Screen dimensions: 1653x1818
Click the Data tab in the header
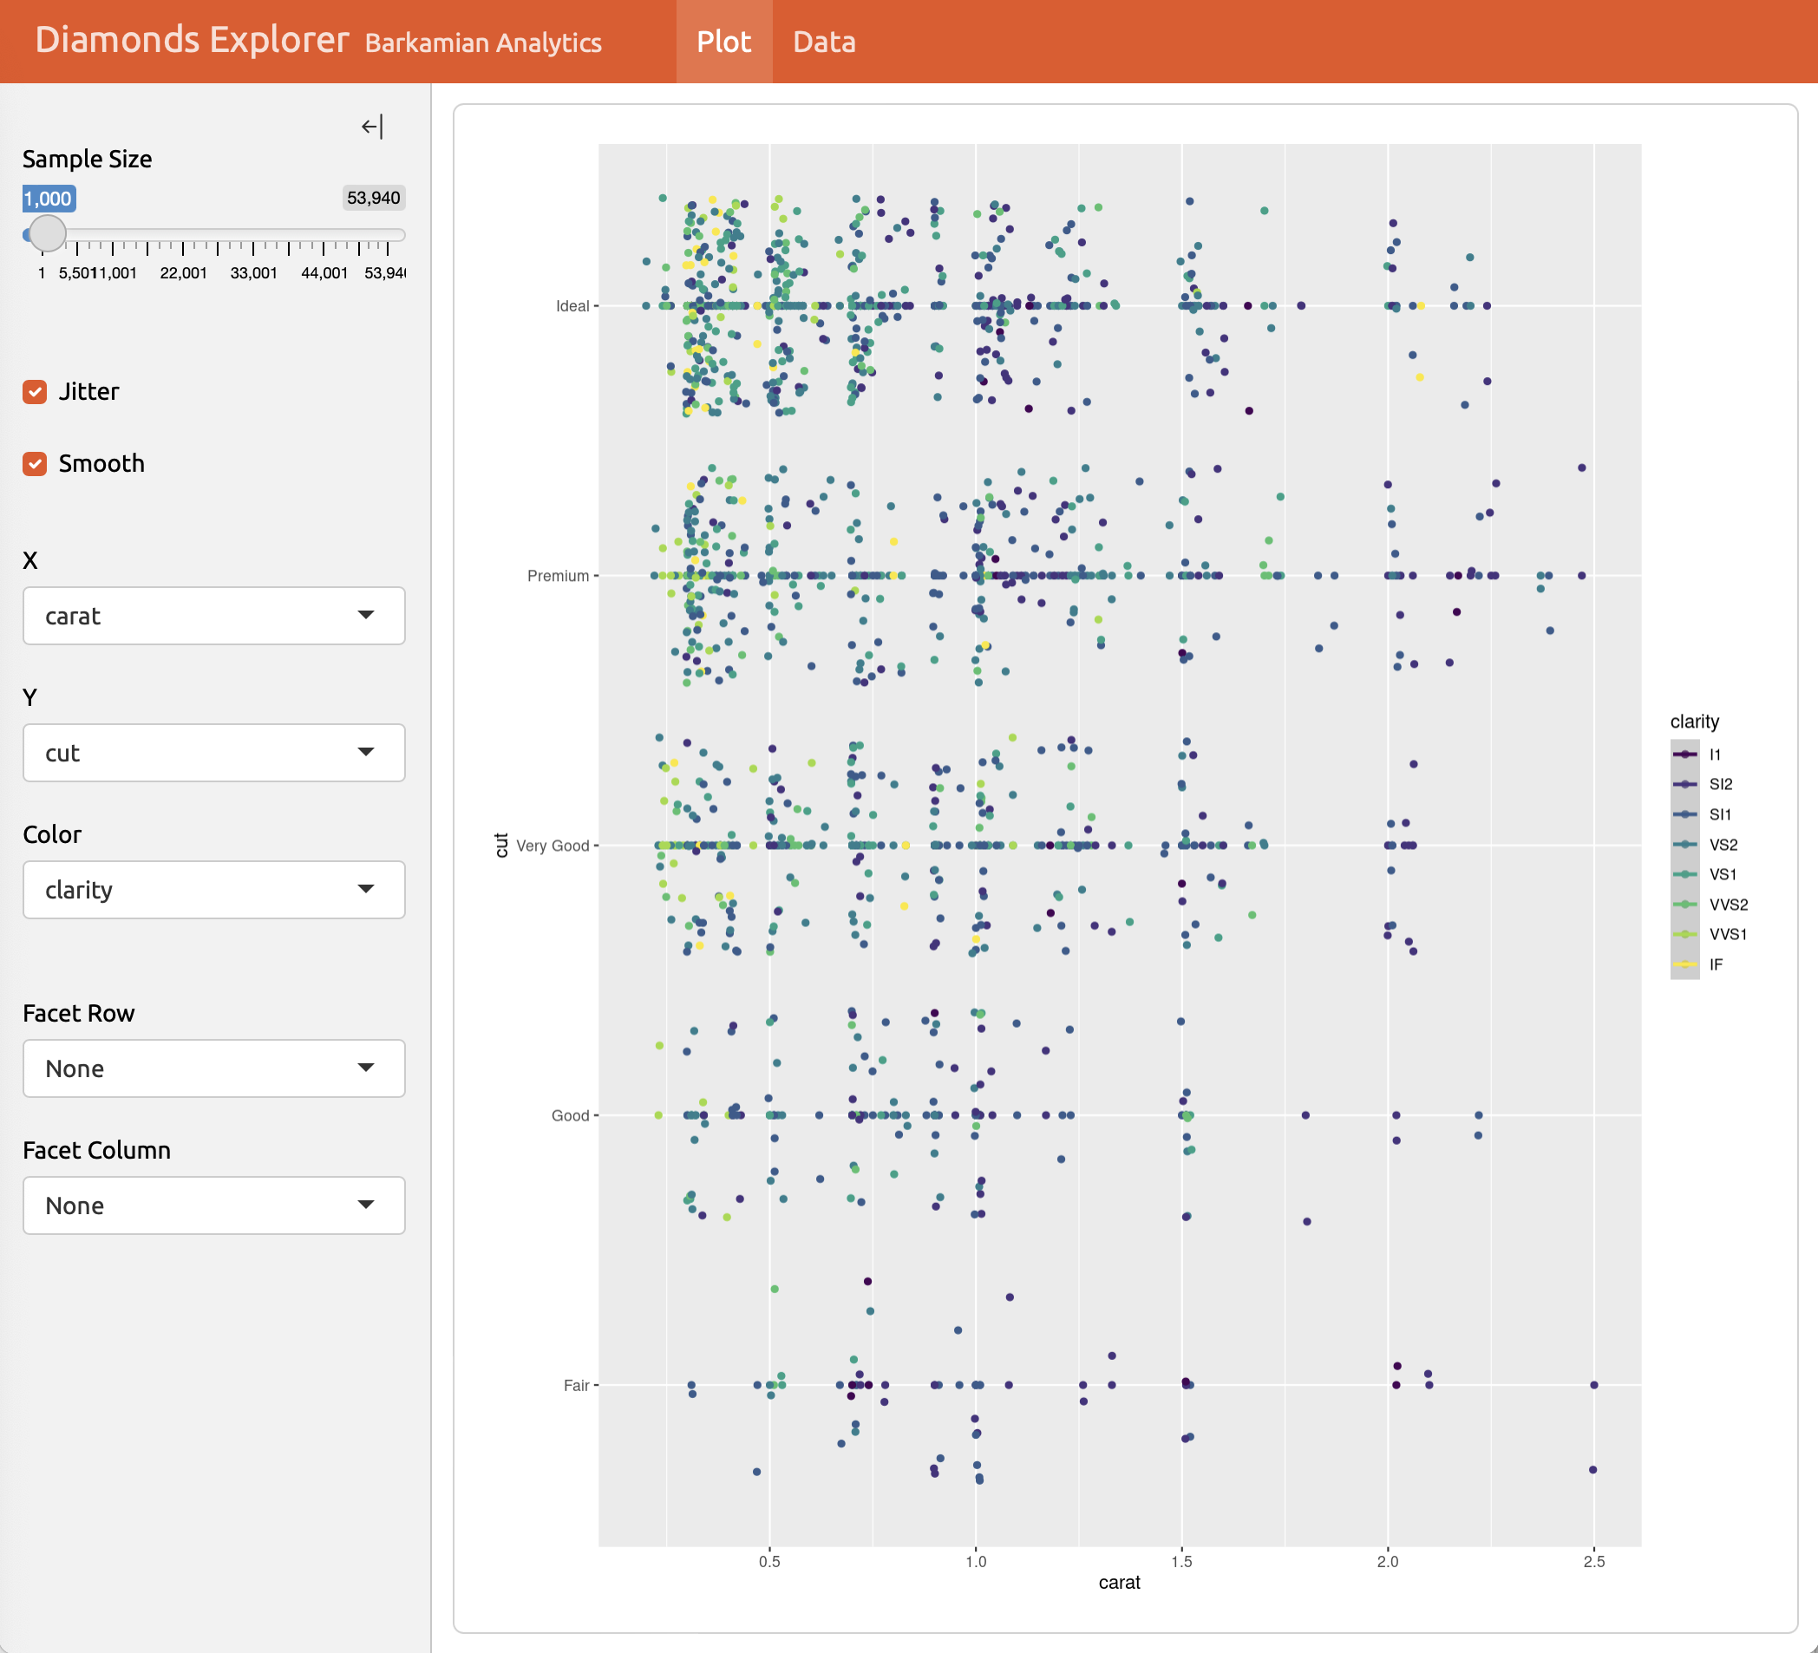[823, 42]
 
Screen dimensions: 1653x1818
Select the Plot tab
[723, 42]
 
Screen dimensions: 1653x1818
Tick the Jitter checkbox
[36, 391]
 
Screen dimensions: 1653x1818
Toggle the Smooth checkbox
[36, 463]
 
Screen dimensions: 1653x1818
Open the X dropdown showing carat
[213, 616]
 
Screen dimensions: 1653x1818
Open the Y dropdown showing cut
[213, 753]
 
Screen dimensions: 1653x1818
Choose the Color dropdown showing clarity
[213, 890]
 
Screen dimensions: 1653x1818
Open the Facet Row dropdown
[213, 1068]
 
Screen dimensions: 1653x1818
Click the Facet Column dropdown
[213, 1205]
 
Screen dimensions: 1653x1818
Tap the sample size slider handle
[47, 233]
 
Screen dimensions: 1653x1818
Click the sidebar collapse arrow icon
[371, 127]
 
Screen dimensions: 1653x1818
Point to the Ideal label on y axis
[572, 307]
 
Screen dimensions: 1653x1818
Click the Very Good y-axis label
[552, 846]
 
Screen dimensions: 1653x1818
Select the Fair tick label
[575, 1385]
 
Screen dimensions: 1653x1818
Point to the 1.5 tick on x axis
[1181, 1561]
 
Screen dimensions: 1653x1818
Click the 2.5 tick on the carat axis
[1593, 1561]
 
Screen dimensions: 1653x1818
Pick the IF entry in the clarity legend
[1715, 964]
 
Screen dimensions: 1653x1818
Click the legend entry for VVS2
[1728, 905]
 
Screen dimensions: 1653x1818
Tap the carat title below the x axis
[1119, 1583]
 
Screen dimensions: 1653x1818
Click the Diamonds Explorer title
[191, 41]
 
